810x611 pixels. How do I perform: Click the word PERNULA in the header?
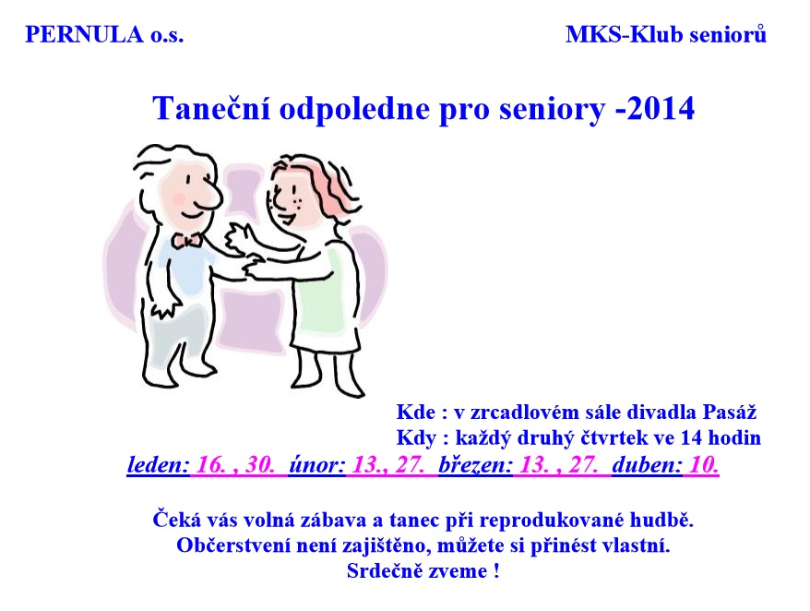click(x=84, y=35)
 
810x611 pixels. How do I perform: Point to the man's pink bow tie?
click(x=186, y=240)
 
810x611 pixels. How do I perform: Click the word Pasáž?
click(x=730, y=412)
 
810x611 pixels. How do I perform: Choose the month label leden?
click(x=158, y=465)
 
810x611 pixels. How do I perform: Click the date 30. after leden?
click(x=260, y=465)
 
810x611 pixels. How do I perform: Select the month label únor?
click(x=316, y=465)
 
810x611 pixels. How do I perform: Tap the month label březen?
click(x=475, y=465)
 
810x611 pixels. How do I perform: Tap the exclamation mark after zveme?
click(x=496, y=571)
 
